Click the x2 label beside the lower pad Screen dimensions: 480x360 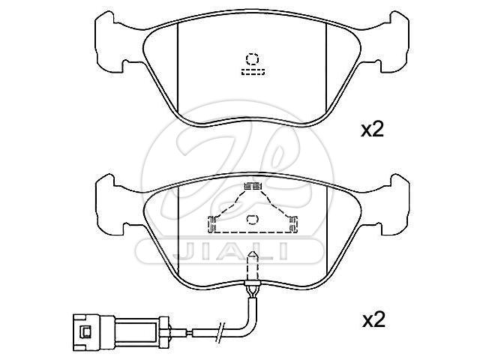point(373,320)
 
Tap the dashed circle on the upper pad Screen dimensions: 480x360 point(252,59)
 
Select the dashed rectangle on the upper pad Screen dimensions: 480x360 point(253,72)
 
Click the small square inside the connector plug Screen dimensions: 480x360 point(85,332)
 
